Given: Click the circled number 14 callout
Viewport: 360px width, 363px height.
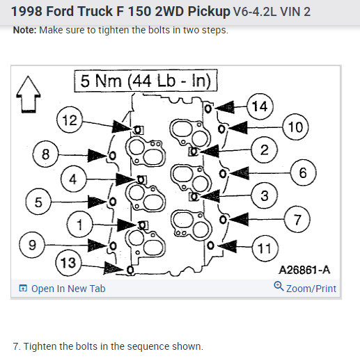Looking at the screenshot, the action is [x=260, y=106].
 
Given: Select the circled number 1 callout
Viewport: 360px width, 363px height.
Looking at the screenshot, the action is [x=79, y=224].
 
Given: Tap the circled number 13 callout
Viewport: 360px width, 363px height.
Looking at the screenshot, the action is [x=68, y=263].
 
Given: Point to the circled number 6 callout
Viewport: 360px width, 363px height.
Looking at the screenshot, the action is [x=303, y=172].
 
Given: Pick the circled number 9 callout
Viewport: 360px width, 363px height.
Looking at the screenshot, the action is [x=32, y=245].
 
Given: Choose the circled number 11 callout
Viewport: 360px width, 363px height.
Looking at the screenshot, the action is [x=265, y=248].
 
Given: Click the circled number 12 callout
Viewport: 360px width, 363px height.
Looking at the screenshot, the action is [x=70, y=120].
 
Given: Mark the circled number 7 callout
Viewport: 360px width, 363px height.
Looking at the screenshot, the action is [x=297, y=219].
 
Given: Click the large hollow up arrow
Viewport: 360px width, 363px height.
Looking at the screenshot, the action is [x=29, y=95].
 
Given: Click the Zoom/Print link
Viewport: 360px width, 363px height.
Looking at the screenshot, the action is [x=311, y=289].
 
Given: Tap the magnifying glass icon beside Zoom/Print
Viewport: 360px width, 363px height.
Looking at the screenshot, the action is [x=279, y=286].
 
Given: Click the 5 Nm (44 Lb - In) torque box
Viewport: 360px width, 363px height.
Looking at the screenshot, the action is [x=146, y=81].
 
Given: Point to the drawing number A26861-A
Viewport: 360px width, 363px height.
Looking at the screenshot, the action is [x=304, y=270].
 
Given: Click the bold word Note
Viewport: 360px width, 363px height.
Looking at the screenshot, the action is [x=24, y=30].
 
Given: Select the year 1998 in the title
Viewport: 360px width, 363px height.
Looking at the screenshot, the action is [x=27, y=11].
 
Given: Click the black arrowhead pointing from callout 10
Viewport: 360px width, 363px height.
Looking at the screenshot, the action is [x=238, y=128].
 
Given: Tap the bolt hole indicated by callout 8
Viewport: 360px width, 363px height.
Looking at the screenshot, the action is [x=112, y=155].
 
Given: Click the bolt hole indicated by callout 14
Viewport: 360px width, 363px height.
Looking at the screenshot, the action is [x=208, y=108].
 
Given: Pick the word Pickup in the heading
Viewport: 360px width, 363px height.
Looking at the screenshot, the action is [x=209, y=12].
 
